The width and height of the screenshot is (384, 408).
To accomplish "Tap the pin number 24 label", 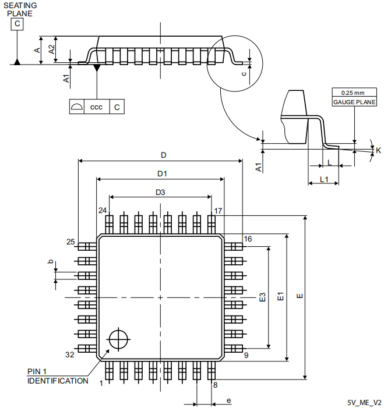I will [x=103, y=211].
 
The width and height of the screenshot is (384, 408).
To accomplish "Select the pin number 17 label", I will [x=218, y=211].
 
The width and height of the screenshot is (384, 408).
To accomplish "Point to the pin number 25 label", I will [x=71, y=242].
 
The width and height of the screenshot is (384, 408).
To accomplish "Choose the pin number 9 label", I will [x=246, y=355].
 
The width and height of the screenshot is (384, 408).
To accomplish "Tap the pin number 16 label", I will [x=248, y=239].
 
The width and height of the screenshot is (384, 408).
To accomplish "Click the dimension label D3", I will [x=160, y=192].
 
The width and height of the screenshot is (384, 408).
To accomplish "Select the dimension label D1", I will [x=162, y=173].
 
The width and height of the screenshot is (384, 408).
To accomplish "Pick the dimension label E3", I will [x=263, y=297].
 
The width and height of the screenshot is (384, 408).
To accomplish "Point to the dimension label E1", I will [x=280, y=297].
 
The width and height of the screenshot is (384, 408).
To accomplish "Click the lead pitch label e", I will [x=228, y=400].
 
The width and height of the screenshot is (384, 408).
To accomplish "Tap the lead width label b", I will [x=50, y=262].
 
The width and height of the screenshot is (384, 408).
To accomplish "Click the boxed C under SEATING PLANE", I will [x=17, y=24].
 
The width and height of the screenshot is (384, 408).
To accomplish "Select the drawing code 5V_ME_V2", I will [x=364, y=402].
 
